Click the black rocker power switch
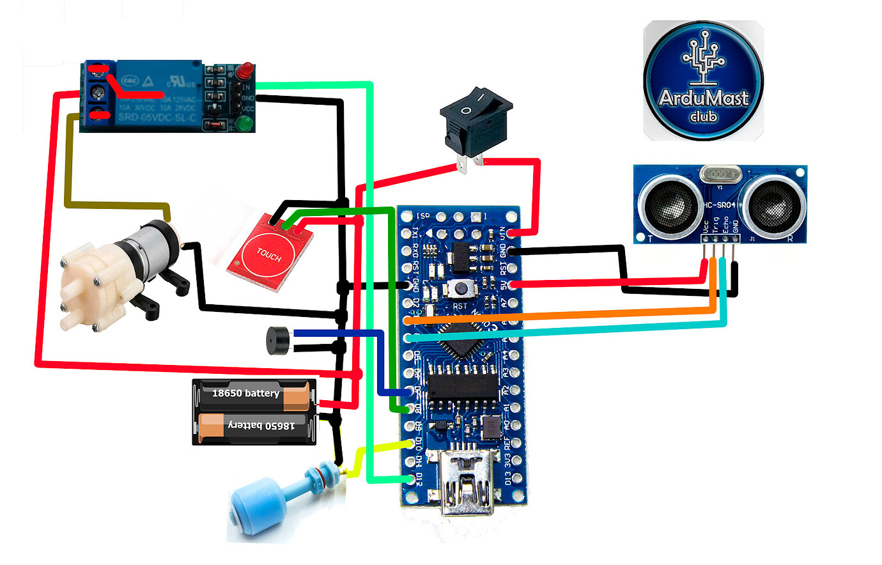point(476,122)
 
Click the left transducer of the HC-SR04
point(668,204)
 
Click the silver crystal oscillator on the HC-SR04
point(720,173)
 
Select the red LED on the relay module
point(245,71)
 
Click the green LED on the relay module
point(244,123)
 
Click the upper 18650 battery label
point(245,393)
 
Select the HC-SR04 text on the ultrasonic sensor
point(719,205)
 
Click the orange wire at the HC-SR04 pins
point(713,281)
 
